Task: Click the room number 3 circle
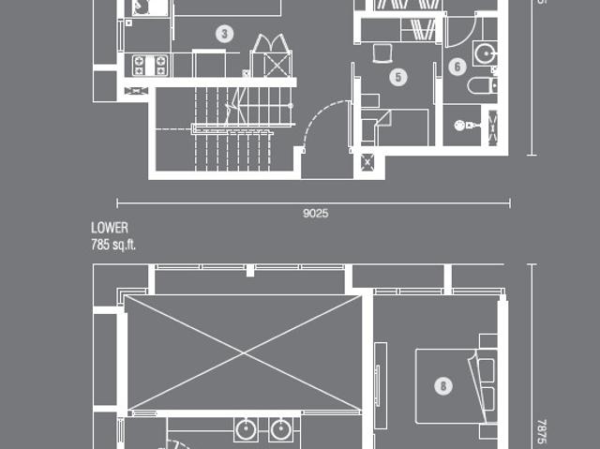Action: pyautogui.click(x=225, y=34)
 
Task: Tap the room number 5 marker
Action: pyautogui.click(x=398, y=77)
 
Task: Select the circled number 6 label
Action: pyautogui.click(x=457, y=67)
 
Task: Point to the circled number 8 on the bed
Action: pyautogui.click(x=443, y=386)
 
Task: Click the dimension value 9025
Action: pyautogui.click(x=315, y=213)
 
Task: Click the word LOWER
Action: pyautogui.click(x=110, y=228)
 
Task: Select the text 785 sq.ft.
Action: pyautogui.click(x=113, y=245)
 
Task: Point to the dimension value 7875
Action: pyautogui.click(x=541, y=432)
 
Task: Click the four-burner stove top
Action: pyautogui.click(x=150, y=66)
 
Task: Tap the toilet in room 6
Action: pyautogui.click(x=482, y=85)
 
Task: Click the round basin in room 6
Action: pyautogui.click(x=486, y=53)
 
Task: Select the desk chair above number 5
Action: pyautogui.click(x=382, y=53)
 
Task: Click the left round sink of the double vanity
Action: pyautogui.click(x=246, y=430)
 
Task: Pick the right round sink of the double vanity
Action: pyautogui.click(x=281, y=430)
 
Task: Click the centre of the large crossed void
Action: pyautogui.click(x=244, y=353)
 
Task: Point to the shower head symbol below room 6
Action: pyautogui.click(x=464, y=125)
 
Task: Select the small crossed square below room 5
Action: pyautogui.click(x=367, y=162)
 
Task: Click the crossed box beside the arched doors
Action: pyautogui.click(x=277, y=65)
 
